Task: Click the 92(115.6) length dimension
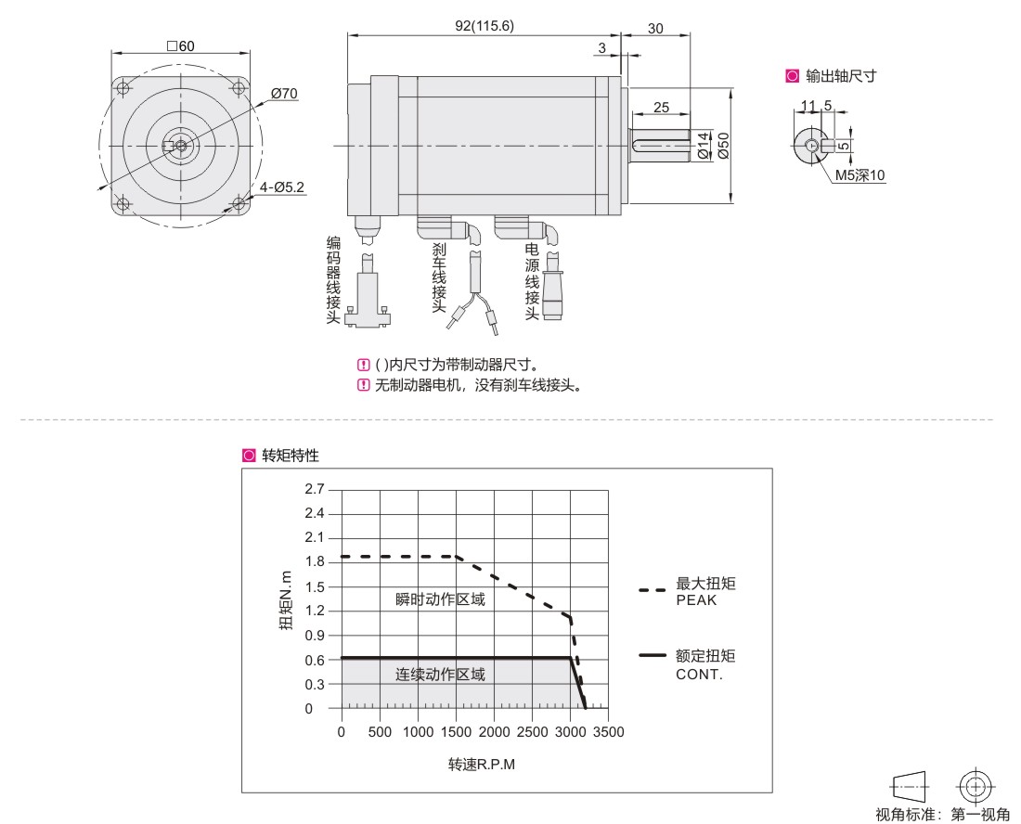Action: pyautogui.click(x=485, y=26)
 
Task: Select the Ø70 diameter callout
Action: pyautogui.click(x=285, y=94)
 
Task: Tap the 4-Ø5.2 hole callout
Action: pyautogui.click(x=282, y=187)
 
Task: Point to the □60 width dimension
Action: pyautogui.click(x=180, y=46)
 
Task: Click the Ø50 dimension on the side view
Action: pyautogui.click(x=723, y=145)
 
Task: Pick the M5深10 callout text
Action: pyautogui.click(x=860, y=175)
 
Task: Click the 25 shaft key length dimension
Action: pyautogui.click(x=661, y=108)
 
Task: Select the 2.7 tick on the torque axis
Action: pyautogui.click(x=315, y=489)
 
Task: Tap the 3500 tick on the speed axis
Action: pyautogui.click(x=609, y=732)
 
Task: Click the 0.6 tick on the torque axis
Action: pyautogui.click(x=315, y=660)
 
